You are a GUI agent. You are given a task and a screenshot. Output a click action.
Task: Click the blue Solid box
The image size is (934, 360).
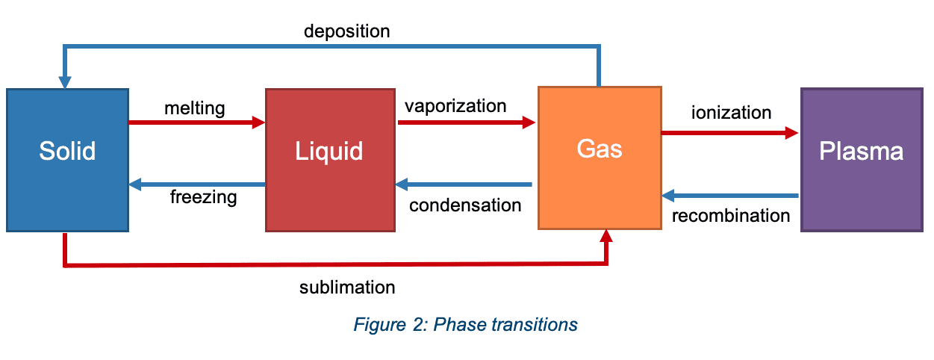tap(67, 159)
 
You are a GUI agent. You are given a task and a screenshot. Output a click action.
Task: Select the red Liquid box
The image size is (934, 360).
tap(329, 159)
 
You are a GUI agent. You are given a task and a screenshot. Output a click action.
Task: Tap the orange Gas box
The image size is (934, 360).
tap(600, 157)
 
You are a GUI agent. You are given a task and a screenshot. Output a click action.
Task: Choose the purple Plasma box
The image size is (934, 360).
tap(861, 159)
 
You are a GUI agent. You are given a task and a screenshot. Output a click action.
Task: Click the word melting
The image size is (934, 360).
tap(194, 108)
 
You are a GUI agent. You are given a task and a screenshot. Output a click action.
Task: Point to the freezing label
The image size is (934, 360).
tap(203, 198)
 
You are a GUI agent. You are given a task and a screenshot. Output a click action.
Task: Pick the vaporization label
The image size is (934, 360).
tap(455, 105)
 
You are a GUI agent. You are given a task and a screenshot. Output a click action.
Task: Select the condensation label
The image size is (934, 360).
tap(465, 205)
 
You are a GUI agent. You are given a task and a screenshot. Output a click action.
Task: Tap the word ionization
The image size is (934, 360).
tap(731, 113)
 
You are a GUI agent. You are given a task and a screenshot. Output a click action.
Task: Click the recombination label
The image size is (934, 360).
tap(731, 216)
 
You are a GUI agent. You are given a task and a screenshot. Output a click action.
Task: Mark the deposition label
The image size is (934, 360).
tap(346, 31)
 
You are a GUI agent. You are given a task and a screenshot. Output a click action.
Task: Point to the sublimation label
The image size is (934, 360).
tap(347, 288)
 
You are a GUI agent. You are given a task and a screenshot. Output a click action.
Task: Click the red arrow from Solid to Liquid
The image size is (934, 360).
tap(196, 121)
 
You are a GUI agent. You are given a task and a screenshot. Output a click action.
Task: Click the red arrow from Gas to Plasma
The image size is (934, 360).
tap(729, 133)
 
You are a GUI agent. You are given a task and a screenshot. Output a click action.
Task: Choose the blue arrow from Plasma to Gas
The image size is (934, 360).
tap(730, 196)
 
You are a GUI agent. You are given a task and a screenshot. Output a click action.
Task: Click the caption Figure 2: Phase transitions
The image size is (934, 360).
tap(466, 325)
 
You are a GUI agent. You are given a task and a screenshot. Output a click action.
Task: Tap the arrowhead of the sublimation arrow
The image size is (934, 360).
tap(606, 236)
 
